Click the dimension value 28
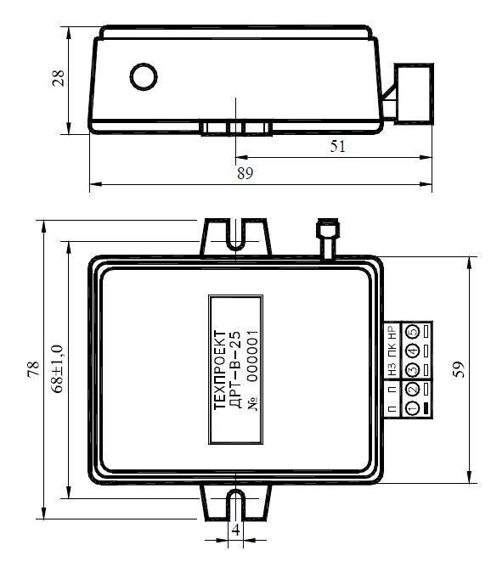point(59,78)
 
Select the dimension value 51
point(338,146)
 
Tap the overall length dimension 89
point(245,173)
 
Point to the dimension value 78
point(33,369)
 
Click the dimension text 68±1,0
point(58,369)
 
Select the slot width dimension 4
point(235,530)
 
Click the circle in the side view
point(144,77)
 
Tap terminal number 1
point(412,408)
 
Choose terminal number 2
point(412,390)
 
